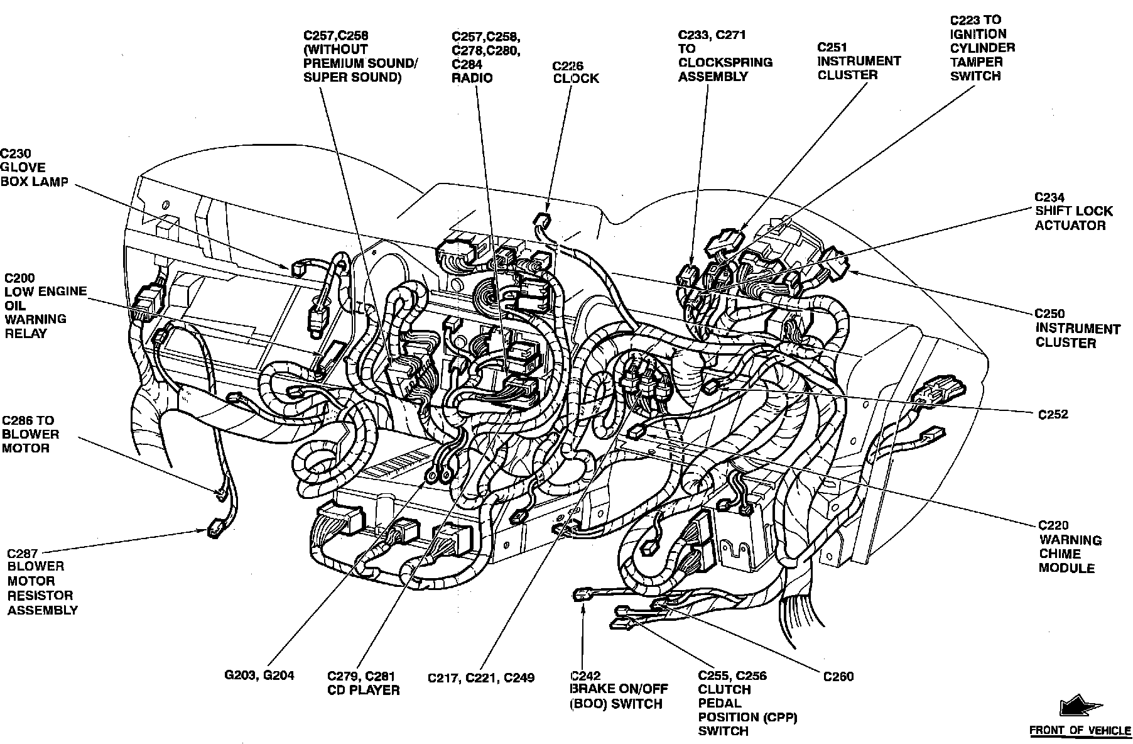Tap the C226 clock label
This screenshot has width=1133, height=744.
point(575,72)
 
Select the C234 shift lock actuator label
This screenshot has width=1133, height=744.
point(1073,211)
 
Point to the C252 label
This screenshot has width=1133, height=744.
point(1053,415)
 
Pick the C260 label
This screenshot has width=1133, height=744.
point(838,676)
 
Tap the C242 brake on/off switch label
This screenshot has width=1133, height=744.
point(619,689)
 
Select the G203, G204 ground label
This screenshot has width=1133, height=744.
point(259,676)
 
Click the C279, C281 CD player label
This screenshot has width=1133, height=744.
point(363,683)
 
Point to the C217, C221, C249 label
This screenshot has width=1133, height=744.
point(480,678)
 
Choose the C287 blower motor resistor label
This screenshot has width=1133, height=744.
point(42,581)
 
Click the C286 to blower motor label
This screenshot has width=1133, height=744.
point(30,434)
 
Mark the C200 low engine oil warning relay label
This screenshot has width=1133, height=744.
point(45,305)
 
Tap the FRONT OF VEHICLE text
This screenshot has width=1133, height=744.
point(1080,731)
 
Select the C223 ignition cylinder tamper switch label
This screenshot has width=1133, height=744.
point(982,48)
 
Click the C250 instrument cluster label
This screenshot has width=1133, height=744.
point(1077,328)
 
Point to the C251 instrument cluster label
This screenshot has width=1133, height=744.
point(859,61)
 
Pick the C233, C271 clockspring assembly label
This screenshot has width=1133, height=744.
point(725,56)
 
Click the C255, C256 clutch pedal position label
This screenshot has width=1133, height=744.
point(747,703)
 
